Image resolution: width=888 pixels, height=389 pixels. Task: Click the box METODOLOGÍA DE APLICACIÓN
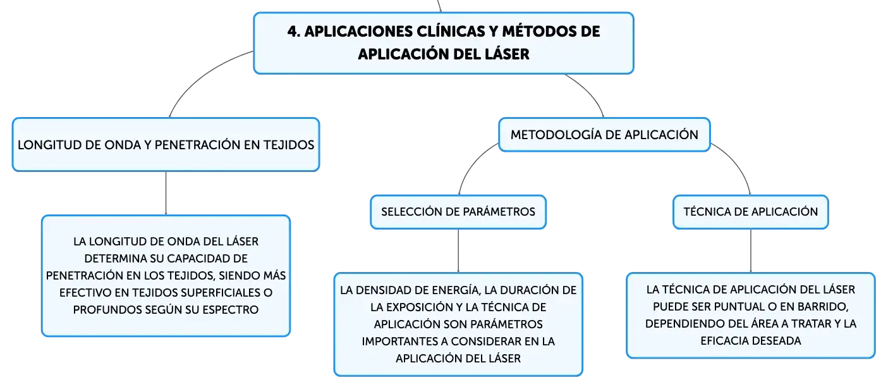click(x=604, y=135)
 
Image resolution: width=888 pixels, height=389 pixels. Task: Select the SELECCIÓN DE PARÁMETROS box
click(x=458, y=212)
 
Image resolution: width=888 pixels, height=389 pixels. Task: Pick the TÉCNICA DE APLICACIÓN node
click(x=750, y=212)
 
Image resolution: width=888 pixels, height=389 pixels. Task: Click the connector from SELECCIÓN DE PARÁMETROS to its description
click(x=458, y=251)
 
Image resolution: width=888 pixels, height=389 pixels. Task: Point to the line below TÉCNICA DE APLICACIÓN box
click(x=750, y=251)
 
